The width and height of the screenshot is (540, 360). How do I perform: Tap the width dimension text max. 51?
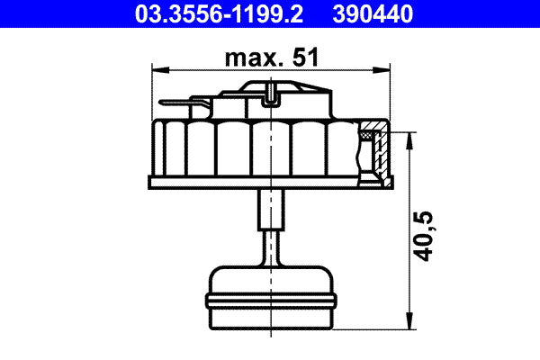click(271, 58)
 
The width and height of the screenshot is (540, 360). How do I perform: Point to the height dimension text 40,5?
click(428, 235)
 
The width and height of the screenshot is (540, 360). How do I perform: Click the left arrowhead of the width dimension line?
click(160, 70)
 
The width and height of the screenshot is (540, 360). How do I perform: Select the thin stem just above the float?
click(270, 248)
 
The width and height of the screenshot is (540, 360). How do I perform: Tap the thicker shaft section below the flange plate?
click(270, 210)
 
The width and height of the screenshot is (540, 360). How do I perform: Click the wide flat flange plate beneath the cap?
click(270, 183)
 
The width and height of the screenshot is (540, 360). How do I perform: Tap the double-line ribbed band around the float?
click(270, 298)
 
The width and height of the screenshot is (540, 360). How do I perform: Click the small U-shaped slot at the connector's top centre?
click(271, 91)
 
